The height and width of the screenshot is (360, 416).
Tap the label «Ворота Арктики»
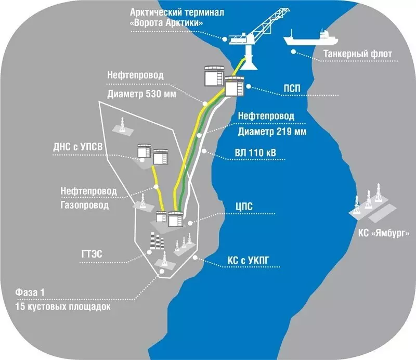coord(166,22)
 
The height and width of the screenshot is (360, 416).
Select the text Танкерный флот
coord(358,54)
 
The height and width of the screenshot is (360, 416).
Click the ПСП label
coord(292,88)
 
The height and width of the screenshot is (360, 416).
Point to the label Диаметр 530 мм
coord(141,94)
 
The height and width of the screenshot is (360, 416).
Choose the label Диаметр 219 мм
coord(272,132)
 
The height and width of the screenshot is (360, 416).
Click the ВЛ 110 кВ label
coord(255,152)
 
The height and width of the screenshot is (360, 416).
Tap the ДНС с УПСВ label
coord(77,147)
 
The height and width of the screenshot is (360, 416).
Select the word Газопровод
coord(85,205)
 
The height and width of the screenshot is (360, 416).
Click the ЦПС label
coord(244,207)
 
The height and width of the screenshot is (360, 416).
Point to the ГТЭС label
coord(92,254)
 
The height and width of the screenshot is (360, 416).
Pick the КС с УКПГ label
coord(249,261)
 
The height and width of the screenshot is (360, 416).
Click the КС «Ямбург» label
coord(384,233)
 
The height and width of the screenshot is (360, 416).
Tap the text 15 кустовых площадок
coord(63,306)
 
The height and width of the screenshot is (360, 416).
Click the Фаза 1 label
coord(30,292)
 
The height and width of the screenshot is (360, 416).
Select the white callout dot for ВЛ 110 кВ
coord(204,151)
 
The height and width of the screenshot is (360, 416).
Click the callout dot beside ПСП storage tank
coord(249,86)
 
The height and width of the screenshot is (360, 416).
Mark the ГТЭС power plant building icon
coord(157,241)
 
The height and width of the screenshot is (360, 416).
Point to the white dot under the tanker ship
coord(293,52)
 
